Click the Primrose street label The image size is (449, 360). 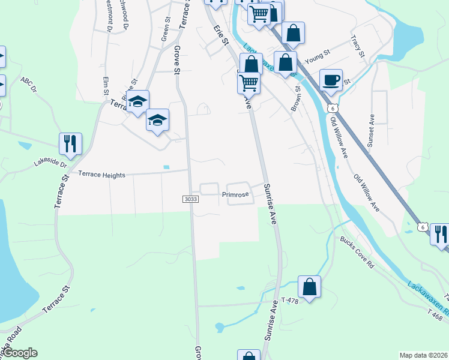pos(235,194)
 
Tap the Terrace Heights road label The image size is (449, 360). pos(101,175)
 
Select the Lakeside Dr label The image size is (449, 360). pos(52,162)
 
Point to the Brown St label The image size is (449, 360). pos(296,97)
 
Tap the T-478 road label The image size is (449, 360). pos(290,299)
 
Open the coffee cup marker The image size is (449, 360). pos(331,80)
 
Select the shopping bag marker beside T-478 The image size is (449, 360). pos(309,287)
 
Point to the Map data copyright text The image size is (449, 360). pos(423,355)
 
